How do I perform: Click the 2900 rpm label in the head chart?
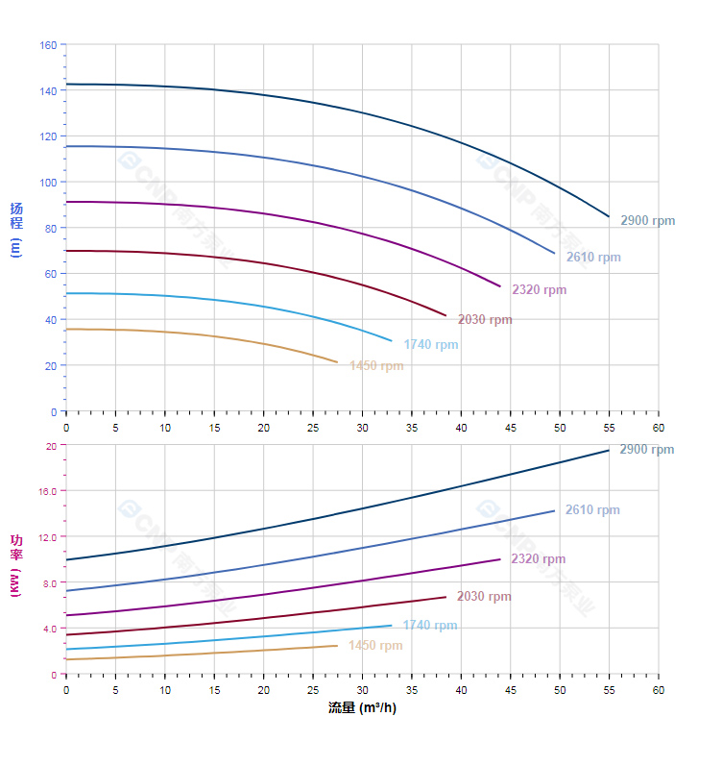[x=647, y=220]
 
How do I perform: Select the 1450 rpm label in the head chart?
[x=376, y=365]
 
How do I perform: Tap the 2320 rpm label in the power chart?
[x=538, y=558]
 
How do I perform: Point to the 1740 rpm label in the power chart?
[x=430, y=625]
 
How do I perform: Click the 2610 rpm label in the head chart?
[x=593, y=257]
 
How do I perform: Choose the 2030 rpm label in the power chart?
[x=484, y=596]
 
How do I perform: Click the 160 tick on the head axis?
[x=48, y=44]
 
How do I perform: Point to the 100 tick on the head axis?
[x=48, y=182]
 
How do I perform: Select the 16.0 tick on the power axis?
[x=48, y=490]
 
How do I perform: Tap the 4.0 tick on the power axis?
[x=50, y=629]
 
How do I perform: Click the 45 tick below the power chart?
[x=511, y=690]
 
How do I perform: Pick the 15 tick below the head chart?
[x=214, y=427]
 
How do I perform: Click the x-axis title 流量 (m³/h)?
[x=362, y=708]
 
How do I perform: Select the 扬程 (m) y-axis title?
[x=15, y=229]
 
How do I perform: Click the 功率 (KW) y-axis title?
[x=15, y=565]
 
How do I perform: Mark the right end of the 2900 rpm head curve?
[x=609, y=216]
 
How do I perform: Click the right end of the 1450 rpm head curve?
[x=338, y=362]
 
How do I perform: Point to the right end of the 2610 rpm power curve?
[x=555, y=510]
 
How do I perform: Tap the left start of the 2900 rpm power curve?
[x=66, y=559]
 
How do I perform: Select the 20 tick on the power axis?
[x=51, y=445]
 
